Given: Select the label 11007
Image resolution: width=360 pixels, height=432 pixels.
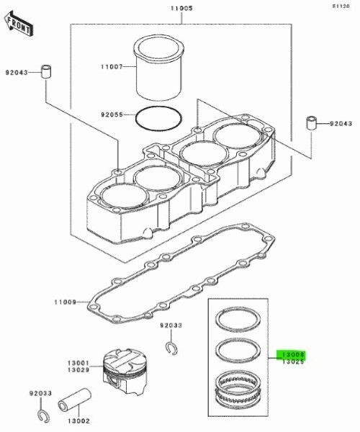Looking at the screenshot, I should [112, 66].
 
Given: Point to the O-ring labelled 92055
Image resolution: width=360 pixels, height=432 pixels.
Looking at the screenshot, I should [158, 117].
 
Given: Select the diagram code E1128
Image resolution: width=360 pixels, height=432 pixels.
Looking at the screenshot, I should [341, 6].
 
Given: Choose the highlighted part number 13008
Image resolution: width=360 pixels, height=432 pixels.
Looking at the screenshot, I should [294, 354].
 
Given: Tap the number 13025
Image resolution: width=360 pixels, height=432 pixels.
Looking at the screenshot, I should [294, 362].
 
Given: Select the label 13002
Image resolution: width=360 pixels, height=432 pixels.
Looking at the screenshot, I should [78, 420].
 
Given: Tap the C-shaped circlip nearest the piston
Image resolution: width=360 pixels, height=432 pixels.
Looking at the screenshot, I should [171, 348].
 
